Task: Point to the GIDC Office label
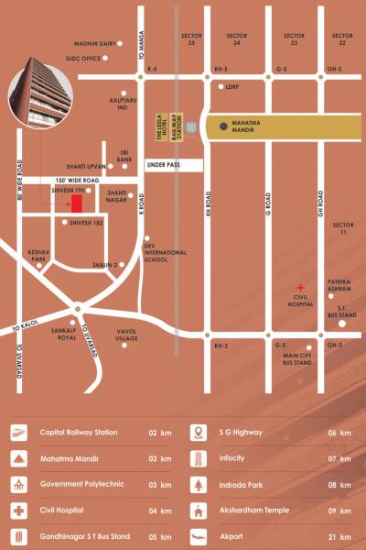pos(84,58)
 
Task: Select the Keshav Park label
pos(37,256)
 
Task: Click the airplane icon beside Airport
pos(199,534)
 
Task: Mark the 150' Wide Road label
pos(76,181)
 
